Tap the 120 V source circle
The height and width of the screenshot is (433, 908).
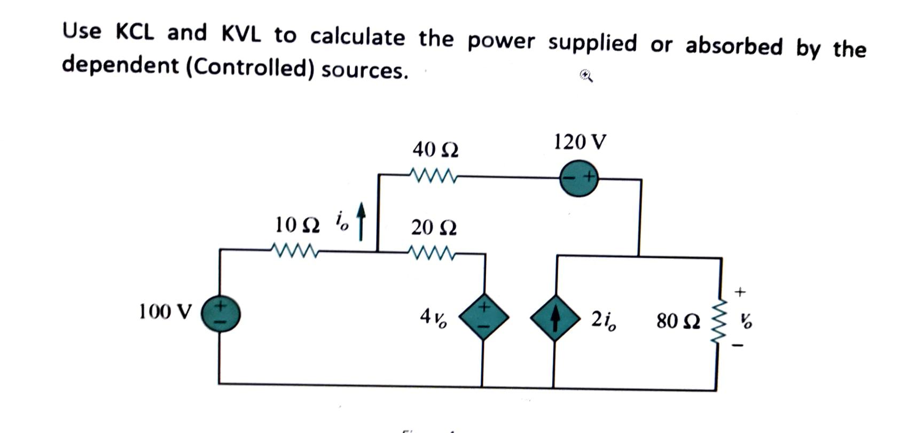tap(578, 178)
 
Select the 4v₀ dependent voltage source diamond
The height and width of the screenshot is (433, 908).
tap(483, 316)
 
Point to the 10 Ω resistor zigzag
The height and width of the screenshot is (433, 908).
tap(294, 250)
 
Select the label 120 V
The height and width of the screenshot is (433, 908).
tap(580, 142)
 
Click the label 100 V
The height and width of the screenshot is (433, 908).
tap(165, 311)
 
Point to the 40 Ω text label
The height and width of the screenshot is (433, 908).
tap(435, 149)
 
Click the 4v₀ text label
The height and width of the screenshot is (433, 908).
tap(433, 318)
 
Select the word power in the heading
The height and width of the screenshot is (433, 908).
tap(500, 41)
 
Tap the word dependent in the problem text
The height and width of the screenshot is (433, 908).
tap(120, 65)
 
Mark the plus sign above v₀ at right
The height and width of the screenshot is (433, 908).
tap(740, 292)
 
